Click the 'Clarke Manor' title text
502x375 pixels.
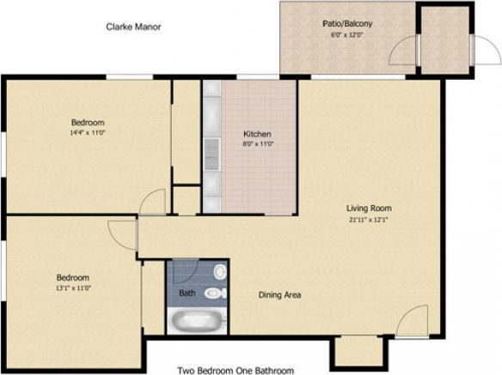pyautogui.click(x=133, y=27)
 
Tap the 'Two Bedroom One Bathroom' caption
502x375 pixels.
pyautogui.click(x=236, y=371)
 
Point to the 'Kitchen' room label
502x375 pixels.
pyautogui.click(x=257, y=135)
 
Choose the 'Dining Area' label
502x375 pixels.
pyautogui.click(x=279, y=295)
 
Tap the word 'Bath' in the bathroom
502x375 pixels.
pyautogui.click(x=187, y=293)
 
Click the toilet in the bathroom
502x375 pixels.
pyautogui.click(x=215, y=293)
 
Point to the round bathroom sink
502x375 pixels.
pyautogui.click(x=220, y=272)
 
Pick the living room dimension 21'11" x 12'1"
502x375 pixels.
pyautogui.click(x=369, y=220)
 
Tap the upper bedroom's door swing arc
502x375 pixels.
pyautogui.click(x=152, y=203)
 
